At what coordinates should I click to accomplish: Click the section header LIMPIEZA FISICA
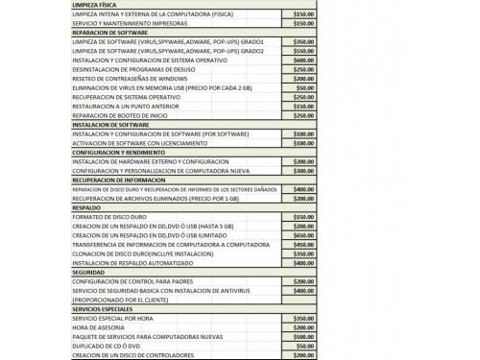pyautogui.click(x=97, y=6)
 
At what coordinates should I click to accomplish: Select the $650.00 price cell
pyautogui.click(x=302, y=235)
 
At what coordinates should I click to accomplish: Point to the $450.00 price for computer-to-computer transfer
pyautogui.click(x=302, y=244)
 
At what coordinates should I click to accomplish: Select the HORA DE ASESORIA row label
pyautogui.click(x=96, y=326)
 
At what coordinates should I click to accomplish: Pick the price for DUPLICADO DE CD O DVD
pyautogui.click(x=302, y=345)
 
